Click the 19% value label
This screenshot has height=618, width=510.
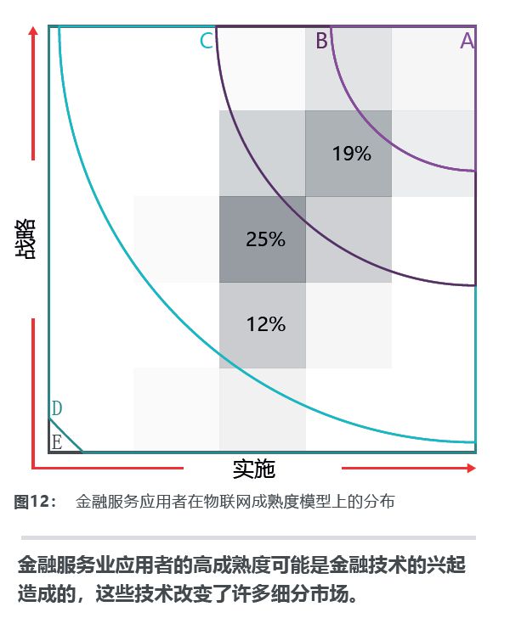[351, 154]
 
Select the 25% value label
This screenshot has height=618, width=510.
[265, 239]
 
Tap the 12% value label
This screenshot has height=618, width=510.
[265, 323]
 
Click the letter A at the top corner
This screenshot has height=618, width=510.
[467, 40]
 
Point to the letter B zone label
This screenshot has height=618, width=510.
[321, 40]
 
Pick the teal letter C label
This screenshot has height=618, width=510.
[207, 40]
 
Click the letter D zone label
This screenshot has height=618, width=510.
[56, 409]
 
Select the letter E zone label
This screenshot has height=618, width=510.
[56, 441]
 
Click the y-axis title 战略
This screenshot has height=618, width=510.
[25, 239]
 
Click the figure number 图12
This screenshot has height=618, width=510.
[34, 502]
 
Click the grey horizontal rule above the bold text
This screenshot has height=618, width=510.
[247, 537]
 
